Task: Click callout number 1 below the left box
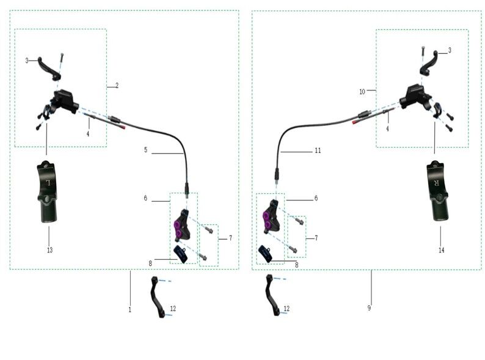click(129, 310)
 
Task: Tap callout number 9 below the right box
click(369, 308)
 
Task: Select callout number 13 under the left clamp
click(49, 250)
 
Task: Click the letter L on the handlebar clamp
click(46, 183)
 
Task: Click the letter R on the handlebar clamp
click(436, 183)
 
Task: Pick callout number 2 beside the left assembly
click(117, 86)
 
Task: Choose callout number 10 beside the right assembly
click(362, 91)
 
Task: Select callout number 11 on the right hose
click(317, 150)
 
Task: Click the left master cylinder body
click(64, 101)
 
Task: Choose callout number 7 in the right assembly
click(315, 237)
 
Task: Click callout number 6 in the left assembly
click(145, 199)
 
